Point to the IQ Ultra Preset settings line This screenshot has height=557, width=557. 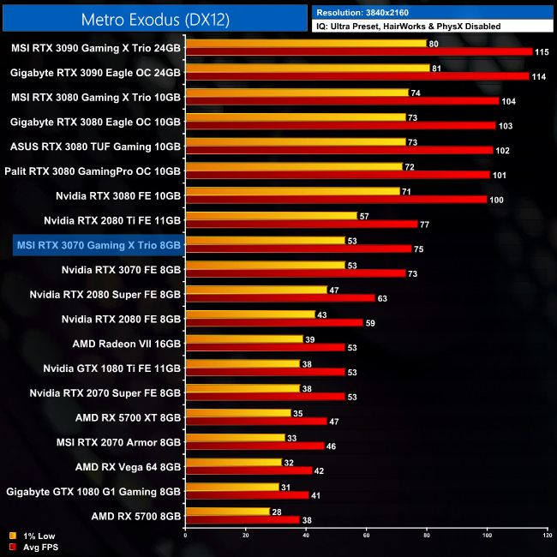pos(407,27)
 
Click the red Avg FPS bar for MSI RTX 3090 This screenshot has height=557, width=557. pos(358,52)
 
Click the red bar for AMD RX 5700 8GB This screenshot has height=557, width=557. pos(242,519)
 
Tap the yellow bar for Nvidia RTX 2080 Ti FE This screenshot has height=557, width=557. pos(271,216)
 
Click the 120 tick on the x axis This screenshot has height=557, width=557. pos(546,535)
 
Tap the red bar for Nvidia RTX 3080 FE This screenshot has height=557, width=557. pos(336,200)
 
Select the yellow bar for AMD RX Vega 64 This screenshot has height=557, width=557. pos(233,462)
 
